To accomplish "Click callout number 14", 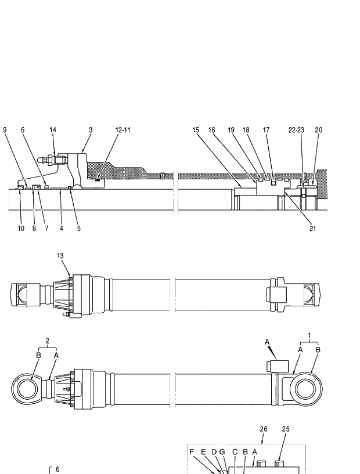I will [53, 130].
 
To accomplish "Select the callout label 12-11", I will [123, 130].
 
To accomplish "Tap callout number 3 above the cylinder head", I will [91, 130].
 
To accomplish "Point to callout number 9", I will [5, 130].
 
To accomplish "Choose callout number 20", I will [318, 130].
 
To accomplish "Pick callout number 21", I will [313, 229].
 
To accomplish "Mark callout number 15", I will [196, 130].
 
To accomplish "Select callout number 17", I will [266, 130].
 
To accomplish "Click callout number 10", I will [21, 229].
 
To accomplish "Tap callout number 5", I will [78, 229].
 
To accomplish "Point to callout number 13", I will [60, 255].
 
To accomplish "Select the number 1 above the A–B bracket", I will [309, 335].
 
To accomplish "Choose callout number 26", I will [263, 429].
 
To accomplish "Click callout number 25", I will [285, 429].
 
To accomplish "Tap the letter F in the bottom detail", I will [192, 451].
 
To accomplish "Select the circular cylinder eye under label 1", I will [306, 387].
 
